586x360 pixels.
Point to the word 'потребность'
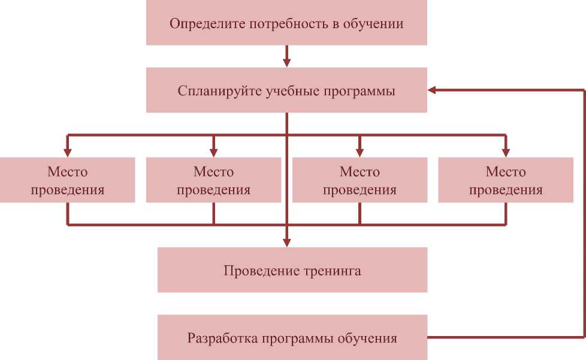point(280,24)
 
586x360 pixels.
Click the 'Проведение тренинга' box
point(292,270)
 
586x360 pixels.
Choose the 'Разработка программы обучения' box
point(292,337)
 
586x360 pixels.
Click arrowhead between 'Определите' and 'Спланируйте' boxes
point(286,62)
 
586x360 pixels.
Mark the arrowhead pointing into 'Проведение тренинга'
point(286,242)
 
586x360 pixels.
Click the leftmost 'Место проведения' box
point(67,180)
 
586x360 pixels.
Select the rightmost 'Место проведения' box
point(506,180)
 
